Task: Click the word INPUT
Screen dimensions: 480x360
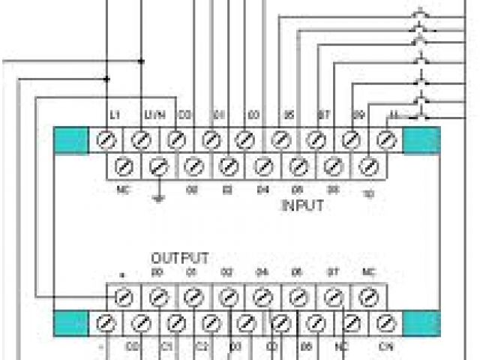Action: pos(302,205)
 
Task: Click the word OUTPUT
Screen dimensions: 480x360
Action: pos(180,257)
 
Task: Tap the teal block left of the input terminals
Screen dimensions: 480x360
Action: pos(72,140)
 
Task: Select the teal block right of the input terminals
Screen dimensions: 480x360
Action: pos(421,140)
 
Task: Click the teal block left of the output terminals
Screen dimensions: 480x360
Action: pos(72,324)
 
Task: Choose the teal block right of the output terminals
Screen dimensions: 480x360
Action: pos(421,324)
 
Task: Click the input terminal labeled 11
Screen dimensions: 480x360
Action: pos(385,139)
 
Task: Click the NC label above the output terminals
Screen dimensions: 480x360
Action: pos(367,271)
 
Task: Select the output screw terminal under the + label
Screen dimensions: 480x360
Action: pos(123,298)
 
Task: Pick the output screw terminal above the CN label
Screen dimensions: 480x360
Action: pos(385,324)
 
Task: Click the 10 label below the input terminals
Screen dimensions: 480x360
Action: pos(367,193)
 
